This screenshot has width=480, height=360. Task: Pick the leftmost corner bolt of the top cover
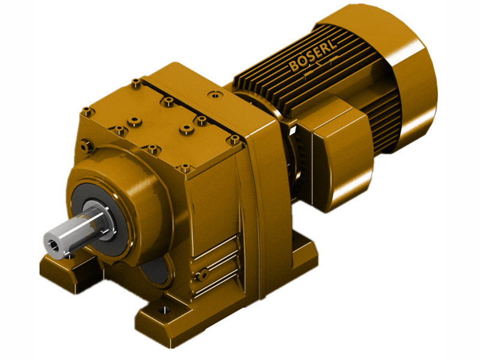88,110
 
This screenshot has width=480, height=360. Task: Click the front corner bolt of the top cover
185,167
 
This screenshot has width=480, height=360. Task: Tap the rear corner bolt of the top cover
136,82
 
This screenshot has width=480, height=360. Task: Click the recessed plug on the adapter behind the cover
213,95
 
